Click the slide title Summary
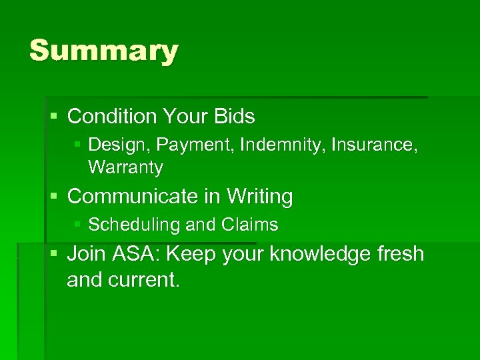click(x=103, y=51)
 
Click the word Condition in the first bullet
click(x=111, y=117)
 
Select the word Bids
click(x=234, y=117)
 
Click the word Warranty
click(x=125, y=168)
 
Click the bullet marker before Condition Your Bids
click(x=54, y=117)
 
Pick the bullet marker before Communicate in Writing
click(x=54, y=197)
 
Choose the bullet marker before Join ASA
click(x=54, y=254)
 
